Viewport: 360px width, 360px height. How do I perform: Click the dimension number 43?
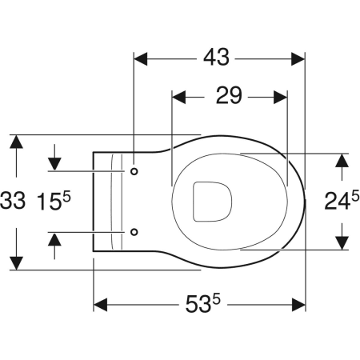tap(216, 58)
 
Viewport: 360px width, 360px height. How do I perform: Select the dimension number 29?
tap(229, 95)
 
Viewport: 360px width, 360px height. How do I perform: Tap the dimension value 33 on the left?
tap(13, 201)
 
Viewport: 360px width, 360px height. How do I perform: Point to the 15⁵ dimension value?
tap(54, 201)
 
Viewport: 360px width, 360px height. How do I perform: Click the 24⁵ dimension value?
tap(342, 200)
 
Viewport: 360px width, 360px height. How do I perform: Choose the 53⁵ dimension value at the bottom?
tap(203, 303)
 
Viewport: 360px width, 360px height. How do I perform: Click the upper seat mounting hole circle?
tap(134, 171)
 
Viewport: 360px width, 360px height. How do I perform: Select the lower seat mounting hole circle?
tap(134, 232)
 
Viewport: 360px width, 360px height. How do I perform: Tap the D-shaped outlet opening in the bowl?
tap(212, 202)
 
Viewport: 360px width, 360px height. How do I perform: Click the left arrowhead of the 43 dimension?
tap(140, 59)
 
